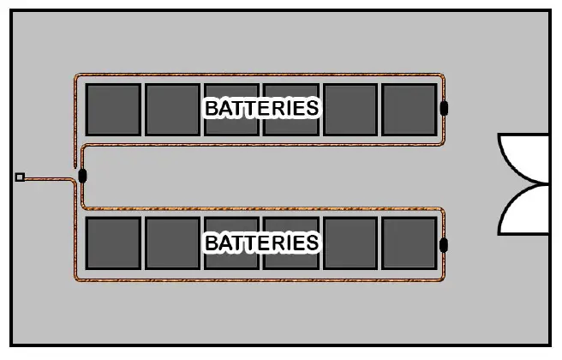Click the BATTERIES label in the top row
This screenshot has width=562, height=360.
(261, 108)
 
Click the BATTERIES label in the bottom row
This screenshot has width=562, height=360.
(261, 243)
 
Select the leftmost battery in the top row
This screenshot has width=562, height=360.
(113, 109)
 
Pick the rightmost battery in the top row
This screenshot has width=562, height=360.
(409, 109)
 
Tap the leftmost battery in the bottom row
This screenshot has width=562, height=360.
(113, 244)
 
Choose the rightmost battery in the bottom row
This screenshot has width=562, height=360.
(409, 244)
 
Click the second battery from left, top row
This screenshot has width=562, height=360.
(172, 109)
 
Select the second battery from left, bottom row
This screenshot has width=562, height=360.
(172, 244)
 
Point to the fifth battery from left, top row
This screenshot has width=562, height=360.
(350, 109)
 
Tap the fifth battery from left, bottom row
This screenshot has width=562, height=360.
(350, 244)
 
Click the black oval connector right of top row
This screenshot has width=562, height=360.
(444, 109)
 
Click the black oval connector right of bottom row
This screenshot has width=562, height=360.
(444, 246)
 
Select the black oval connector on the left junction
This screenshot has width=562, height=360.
(82, 177)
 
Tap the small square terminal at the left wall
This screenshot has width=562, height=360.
(20, 177)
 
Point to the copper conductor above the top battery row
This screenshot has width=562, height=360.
(257, 75)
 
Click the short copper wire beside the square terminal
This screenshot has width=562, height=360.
(47, 177)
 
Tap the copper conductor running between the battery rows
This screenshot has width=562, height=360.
(257, 144)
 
